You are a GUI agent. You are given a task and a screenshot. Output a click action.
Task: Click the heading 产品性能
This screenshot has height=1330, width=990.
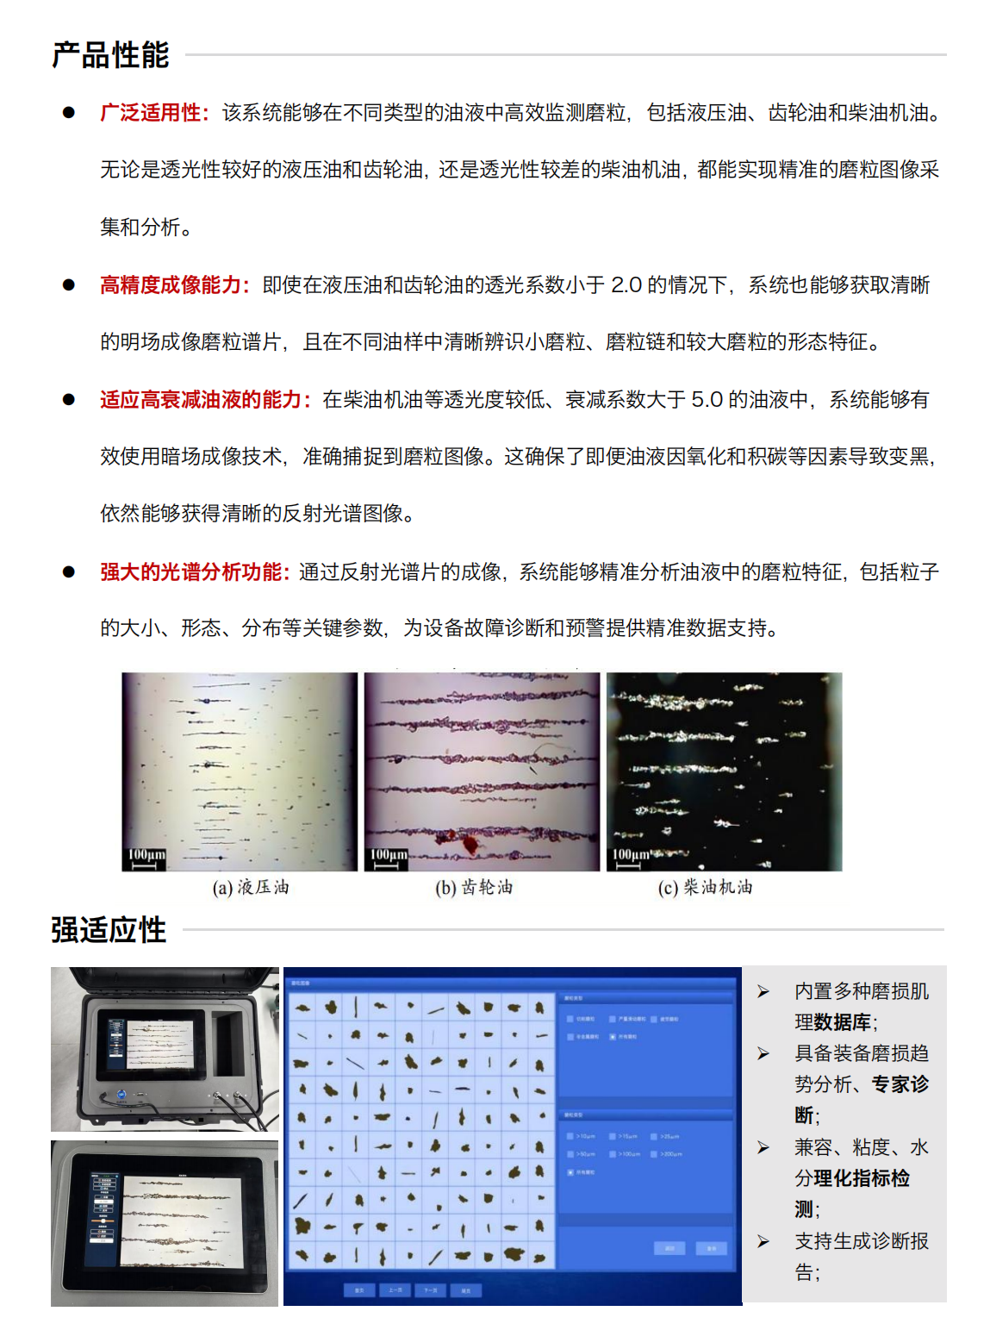pos(110,55)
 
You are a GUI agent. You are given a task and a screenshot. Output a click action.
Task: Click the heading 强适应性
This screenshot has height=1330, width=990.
pos(109,930)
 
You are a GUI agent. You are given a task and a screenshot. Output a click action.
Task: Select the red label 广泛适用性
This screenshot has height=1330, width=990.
pos(151,113)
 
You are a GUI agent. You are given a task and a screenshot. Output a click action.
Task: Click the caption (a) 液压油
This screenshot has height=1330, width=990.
pos(251,888)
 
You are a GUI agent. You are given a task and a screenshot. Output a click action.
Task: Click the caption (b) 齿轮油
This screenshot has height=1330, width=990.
pos(474,888)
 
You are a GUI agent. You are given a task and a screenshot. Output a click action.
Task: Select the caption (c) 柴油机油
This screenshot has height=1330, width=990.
pos(705,888)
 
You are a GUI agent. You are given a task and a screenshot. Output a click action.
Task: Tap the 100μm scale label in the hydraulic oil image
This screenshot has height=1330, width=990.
pos(146,854)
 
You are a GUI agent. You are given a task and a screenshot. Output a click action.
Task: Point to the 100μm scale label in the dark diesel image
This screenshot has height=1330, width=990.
pos(631,855)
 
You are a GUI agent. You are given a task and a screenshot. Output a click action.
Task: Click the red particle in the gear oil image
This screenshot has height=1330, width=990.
pos(470,844)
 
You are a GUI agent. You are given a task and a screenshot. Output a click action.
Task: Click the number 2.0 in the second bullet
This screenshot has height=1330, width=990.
pos(626,285)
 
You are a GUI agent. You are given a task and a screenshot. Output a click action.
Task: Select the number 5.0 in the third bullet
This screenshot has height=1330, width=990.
pos(707,400)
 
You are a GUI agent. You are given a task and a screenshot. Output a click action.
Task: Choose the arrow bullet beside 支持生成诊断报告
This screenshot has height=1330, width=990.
pos(763,1242)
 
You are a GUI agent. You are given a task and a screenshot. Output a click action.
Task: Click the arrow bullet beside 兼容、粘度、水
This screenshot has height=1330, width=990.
pos(763,1148)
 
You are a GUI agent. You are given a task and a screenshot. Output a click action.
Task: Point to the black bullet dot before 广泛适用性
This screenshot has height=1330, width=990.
pos(68,113)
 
